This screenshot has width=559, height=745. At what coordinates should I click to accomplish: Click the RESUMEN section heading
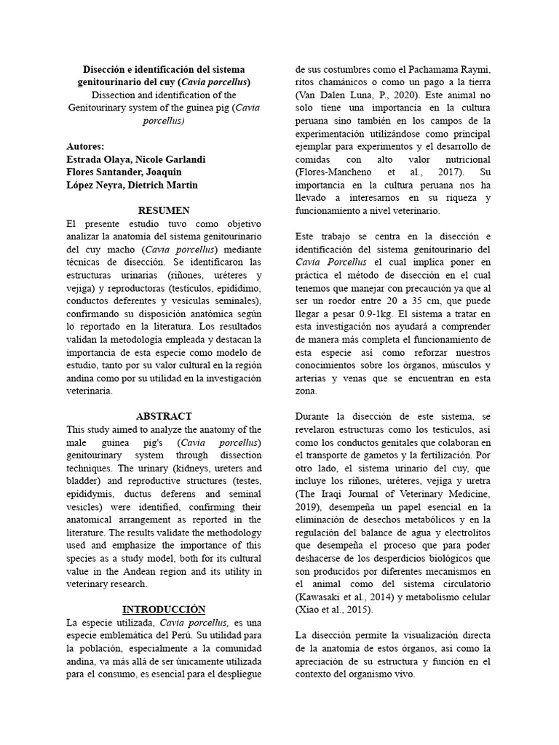pos(164,210)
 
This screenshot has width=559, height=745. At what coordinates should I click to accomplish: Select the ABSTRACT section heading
pos(164,416)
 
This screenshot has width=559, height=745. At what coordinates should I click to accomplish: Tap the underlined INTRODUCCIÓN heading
pos(164,609)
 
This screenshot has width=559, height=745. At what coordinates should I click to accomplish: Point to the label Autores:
pos(85,146)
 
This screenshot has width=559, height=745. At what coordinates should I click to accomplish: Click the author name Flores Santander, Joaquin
pos(124,172)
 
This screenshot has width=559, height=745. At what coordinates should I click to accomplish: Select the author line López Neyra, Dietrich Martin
pos(132,186)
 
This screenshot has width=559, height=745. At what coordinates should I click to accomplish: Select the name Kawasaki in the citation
pos(320,597)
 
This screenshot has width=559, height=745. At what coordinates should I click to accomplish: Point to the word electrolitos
pos(467,533)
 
